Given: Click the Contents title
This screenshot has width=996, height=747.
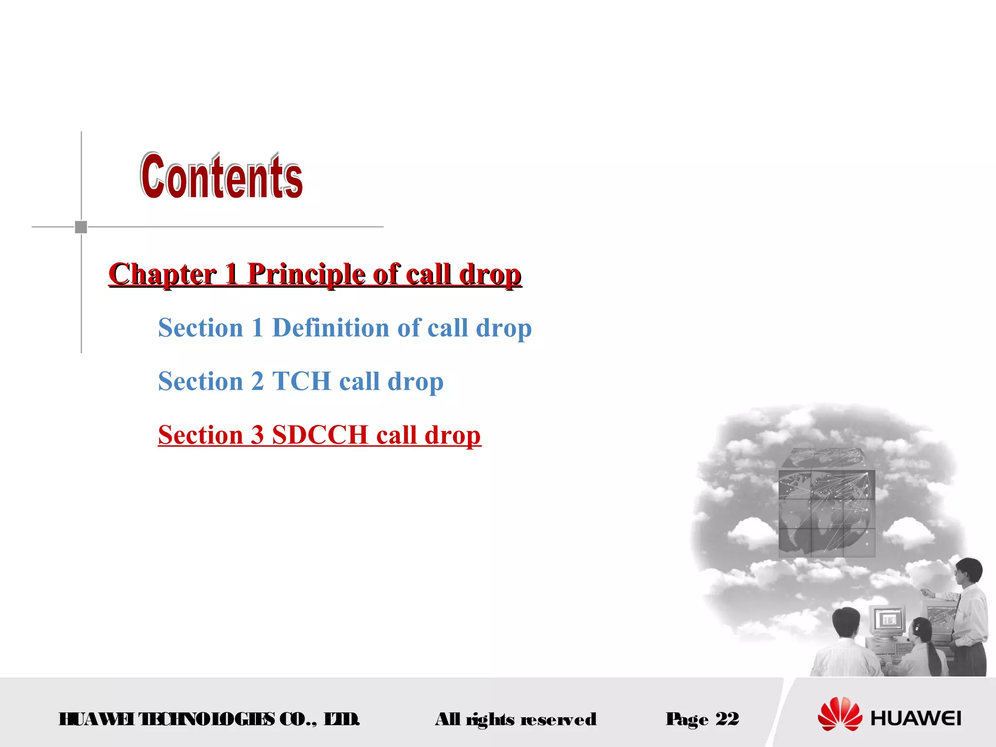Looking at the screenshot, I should tap(222, 176).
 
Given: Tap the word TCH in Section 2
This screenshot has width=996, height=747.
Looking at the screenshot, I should tap(301, 381).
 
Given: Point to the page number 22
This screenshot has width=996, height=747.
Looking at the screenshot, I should tap(728, 719).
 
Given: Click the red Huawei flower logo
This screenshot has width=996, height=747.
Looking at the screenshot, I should tap(840, 714).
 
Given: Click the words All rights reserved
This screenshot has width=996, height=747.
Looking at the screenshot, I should tap(516, 719).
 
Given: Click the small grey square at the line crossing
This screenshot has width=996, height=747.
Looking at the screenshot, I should tap(81, 227).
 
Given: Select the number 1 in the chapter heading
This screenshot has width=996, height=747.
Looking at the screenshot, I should tap(231, 274).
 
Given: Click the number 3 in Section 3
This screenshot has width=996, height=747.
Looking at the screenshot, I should tap(257, 435).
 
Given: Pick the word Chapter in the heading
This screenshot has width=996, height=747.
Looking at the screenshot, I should tap(162, 274).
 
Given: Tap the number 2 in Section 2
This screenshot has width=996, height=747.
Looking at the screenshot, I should tap(257, 381).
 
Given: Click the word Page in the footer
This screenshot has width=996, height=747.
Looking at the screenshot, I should tap(687, 719).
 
